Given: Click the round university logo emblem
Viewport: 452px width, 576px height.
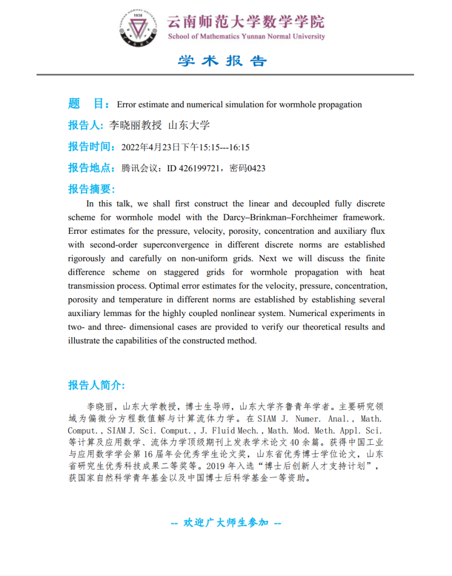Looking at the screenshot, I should pos(140,26).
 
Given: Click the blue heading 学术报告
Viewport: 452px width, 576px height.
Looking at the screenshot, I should pos(222,60).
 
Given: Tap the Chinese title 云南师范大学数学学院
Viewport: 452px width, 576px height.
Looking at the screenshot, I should pos(245,22).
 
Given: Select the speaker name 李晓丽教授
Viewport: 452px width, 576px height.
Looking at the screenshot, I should pos(135,125).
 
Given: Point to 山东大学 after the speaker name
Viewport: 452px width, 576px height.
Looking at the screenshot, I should pos(189,125).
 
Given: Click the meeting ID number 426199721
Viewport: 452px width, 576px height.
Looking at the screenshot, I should pos(198,168).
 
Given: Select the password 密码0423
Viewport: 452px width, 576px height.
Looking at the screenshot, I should pos(247,168).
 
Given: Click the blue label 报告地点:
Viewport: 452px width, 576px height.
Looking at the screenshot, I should pos(91,168).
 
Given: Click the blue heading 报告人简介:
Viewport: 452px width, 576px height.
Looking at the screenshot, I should pos(97,385).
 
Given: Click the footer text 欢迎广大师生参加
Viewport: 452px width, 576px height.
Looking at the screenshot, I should pos(226,523).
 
